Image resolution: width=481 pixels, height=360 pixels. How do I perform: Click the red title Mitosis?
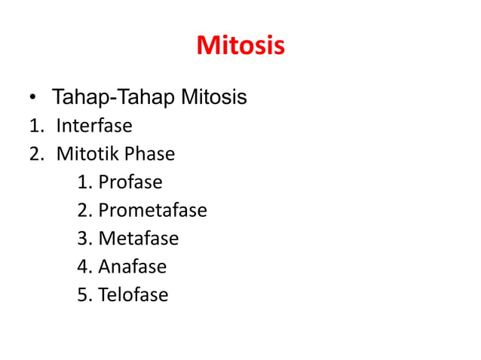pos(240,47)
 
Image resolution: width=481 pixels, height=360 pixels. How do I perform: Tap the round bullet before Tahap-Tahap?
pos(32,99)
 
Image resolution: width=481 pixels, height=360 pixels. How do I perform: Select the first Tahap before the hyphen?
pos(77,97)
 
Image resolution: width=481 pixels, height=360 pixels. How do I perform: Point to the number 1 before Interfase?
pos(34,126)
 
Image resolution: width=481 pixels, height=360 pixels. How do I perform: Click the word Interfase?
pos(93,126)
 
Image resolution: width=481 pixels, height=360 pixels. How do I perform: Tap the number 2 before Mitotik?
pos(35,154)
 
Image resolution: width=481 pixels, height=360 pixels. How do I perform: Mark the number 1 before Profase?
pos(82,182)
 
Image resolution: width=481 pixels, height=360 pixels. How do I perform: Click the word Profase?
pos(130,182)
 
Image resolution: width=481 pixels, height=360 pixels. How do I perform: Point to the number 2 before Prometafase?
pos(82,210)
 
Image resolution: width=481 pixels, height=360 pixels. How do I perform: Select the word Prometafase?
pos(152,210)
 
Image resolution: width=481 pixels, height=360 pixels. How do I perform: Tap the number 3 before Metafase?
pos(82,239)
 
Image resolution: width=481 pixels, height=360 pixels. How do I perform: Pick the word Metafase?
pos(138,239)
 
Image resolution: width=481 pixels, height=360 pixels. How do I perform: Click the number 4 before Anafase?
pos(82,267)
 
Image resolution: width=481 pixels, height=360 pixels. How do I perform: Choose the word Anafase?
pos(132,267)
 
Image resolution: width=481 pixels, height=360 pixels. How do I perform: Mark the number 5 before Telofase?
pos(82,294)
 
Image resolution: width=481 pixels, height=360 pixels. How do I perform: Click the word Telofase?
pos(133,294)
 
